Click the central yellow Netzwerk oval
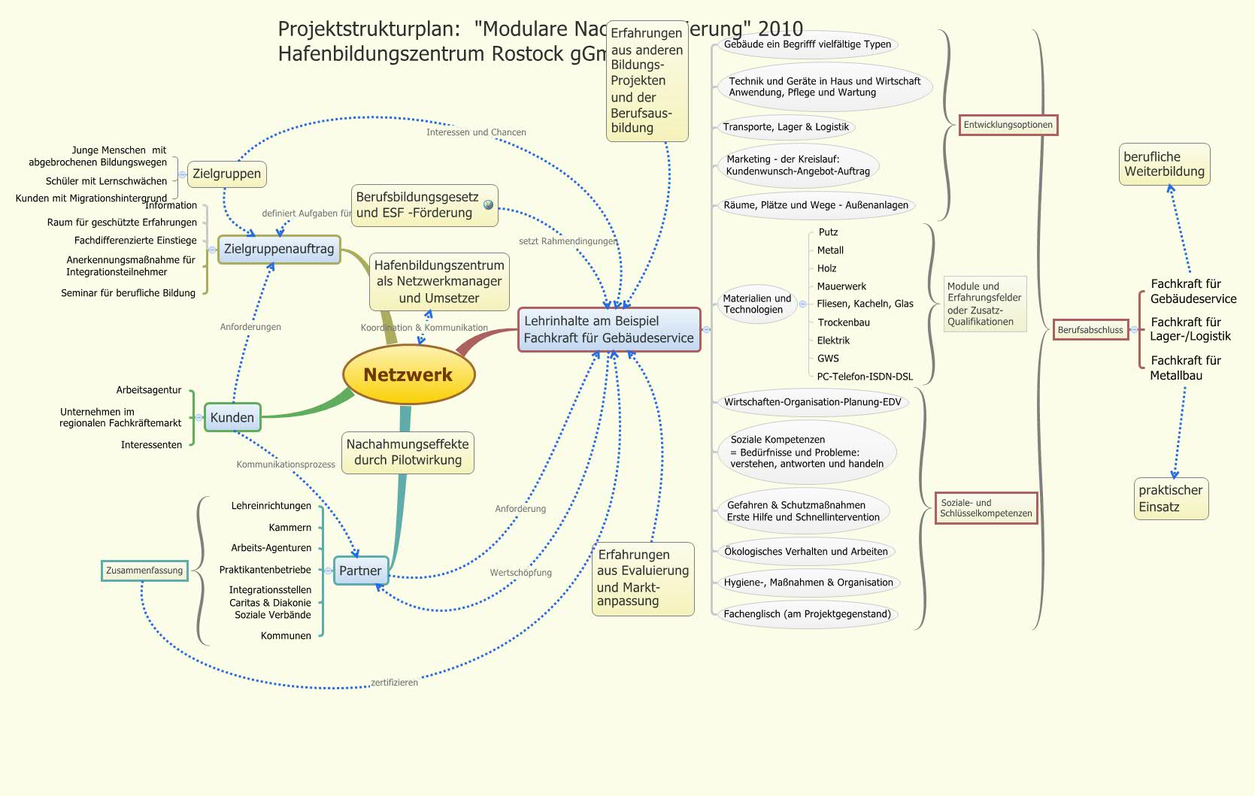408,374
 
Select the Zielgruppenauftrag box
279,249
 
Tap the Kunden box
232,417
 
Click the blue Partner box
360,571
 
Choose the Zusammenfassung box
144,571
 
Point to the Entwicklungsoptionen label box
1008,125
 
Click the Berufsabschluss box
1090,330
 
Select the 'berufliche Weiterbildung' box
1164,164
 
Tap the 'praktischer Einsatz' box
1170,498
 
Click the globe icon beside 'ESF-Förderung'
488,204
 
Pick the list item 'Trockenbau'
844,322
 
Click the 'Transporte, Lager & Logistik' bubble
786,127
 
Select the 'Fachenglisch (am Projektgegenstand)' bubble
807,614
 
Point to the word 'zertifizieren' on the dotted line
394,683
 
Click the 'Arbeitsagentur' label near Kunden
149,390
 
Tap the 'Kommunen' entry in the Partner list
286,636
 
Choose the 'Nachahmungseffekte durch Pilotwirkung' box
408,452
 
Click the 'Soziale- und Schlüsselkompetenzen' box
986,508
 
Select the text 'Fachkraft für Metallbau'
1185,368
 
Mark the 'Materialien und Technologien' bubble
756,304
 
